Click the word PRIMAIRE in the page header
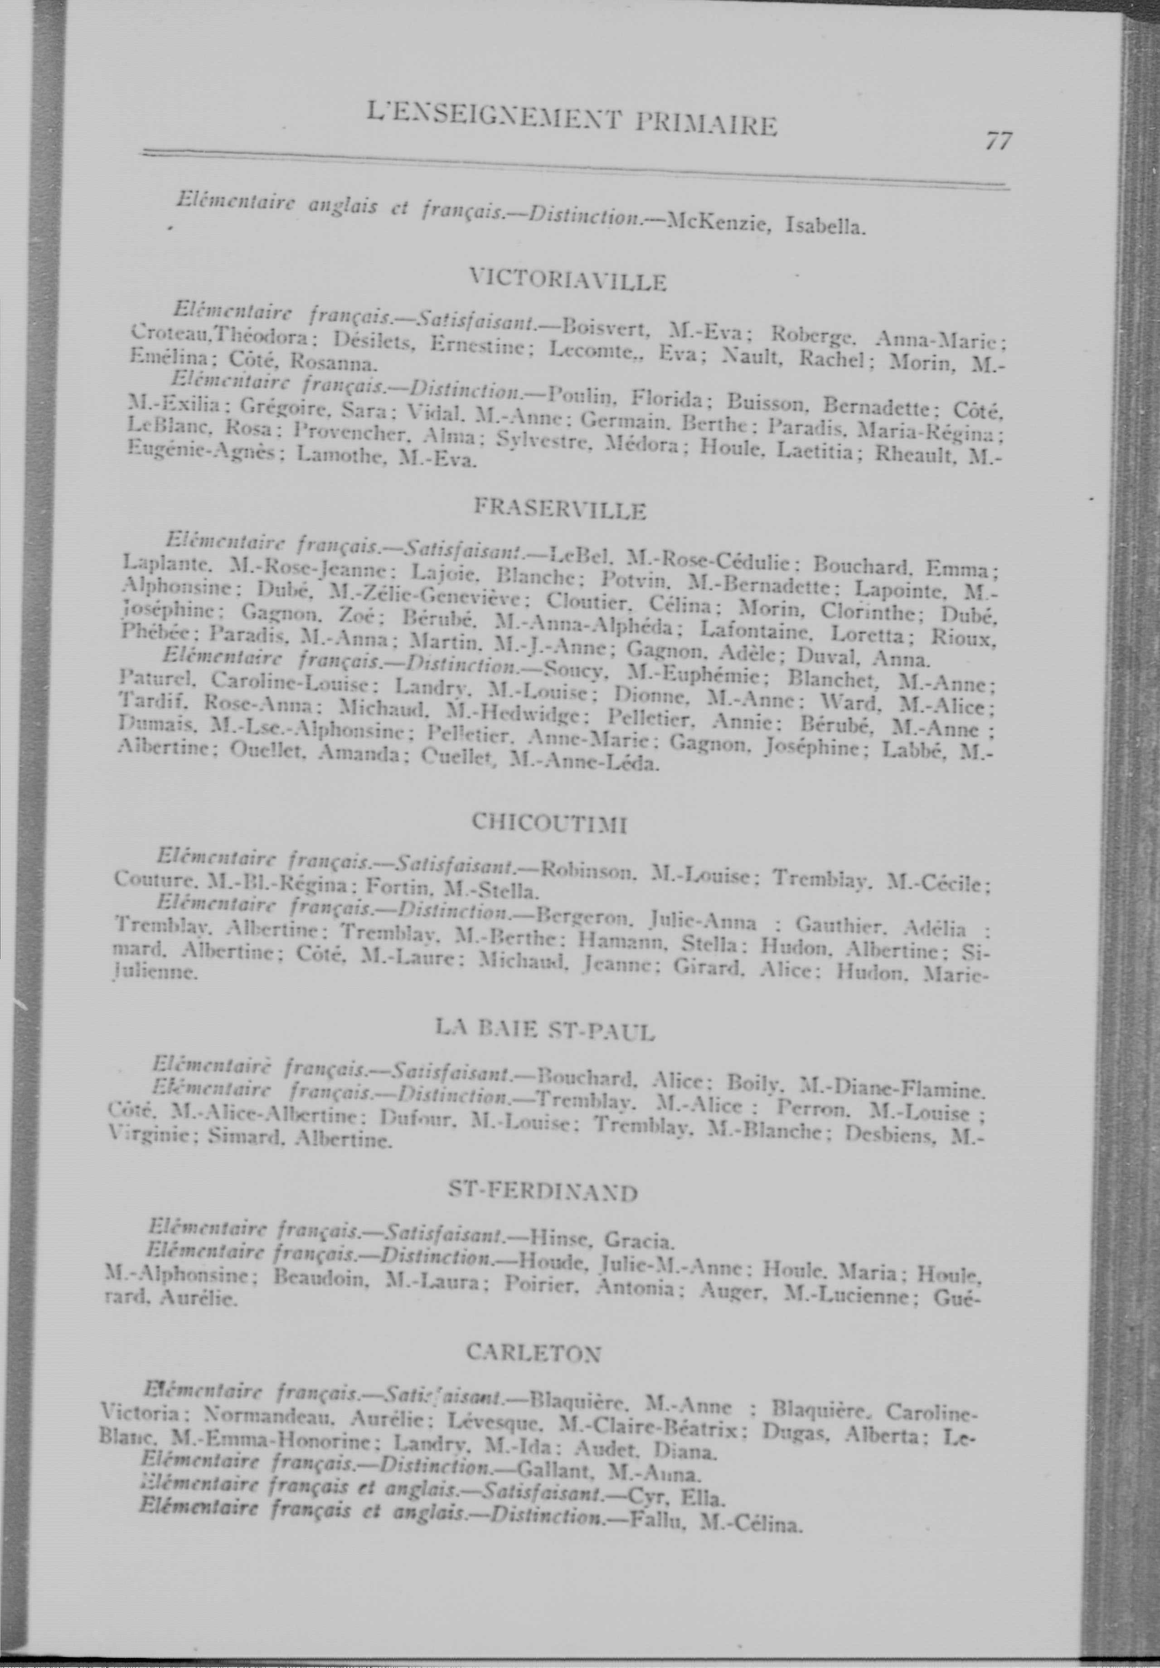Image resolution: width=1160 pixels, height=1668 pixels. tap(706, 123)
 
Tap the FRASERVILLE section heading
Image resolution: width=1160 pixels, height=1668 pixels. tap(559, 509)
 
